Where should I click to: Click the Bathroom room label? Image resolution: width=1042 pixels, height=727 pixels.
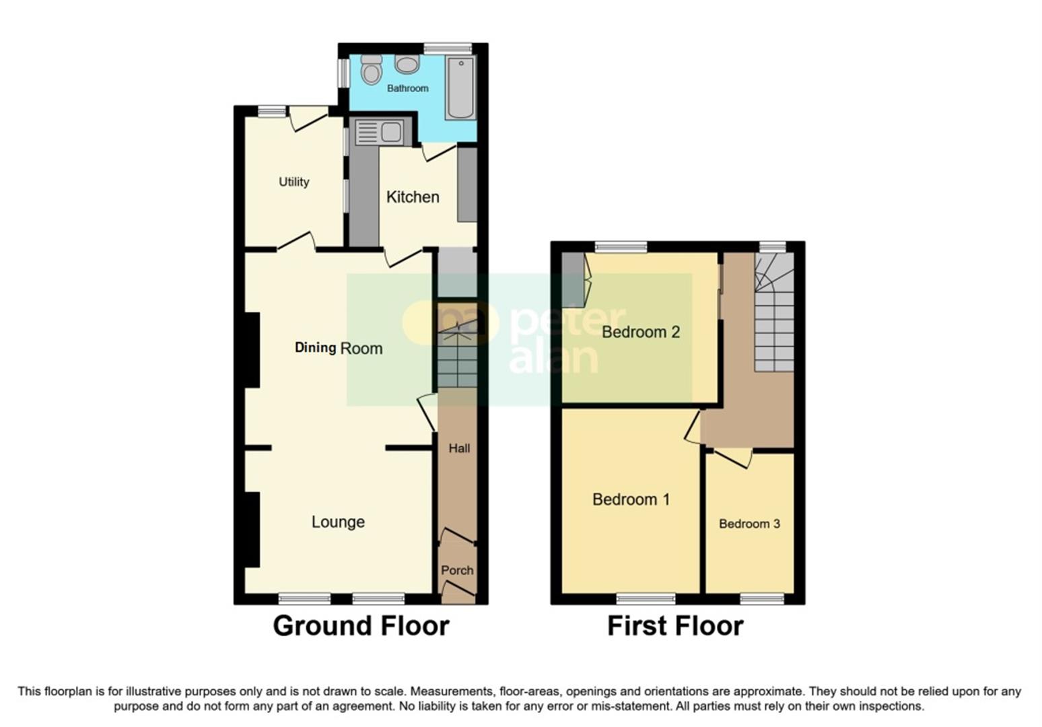click(x=407, y=88)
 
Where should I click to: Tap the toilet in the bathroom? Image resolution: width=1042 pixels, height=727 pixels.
click(x=371, y=69)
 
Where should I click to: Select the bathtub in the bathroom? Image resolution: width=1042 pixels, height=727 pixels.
click(x=460, y=88)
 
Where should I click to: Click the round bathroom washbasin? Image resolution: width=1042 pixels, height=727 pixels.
click(x=407, y=64)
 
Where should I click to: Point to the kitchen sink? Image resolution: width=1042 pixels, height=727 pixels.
click(x=379, y=132)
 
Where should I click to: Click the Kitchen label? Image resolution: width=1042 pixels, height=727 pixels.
click(x=413, y=197)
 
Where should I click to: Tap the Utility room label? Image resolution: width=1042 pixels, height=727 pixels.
click(x=294, y=182)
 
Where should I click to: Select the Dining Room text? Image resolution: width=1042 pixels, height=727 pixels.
click(x=339, y=348)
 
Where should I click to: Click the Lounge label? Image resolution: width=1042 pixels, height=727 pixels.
click(x=338, y=522)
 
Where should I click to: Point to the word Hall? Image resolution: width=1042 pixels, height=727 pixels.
click(x=459, y=448)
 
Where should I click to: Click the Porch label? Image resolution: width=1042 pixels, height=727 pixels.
click(x=457, y=570)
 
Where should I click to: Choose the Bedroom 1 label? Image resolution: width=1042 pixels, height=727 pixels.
click(x=631, y=499)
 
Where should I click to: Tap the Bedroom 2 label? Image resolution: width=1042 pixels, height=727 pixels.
click(x=641, y=332)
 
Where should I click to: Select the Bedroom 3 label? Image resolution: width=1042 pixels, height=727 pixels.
click(x=749, y=524)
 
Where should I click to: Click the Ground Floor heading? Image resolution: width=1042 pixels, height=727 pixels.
click(x=361, y=626)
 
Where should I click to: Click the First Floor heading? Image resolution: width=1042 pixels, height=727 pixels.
click(x=675, y=626)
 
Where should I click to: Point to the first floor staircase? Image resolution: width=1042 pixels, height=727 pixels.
click(x=773, y=316)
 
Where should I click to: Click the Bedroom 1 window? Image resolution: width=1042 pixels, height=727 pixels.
click(x=646, y=598)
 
